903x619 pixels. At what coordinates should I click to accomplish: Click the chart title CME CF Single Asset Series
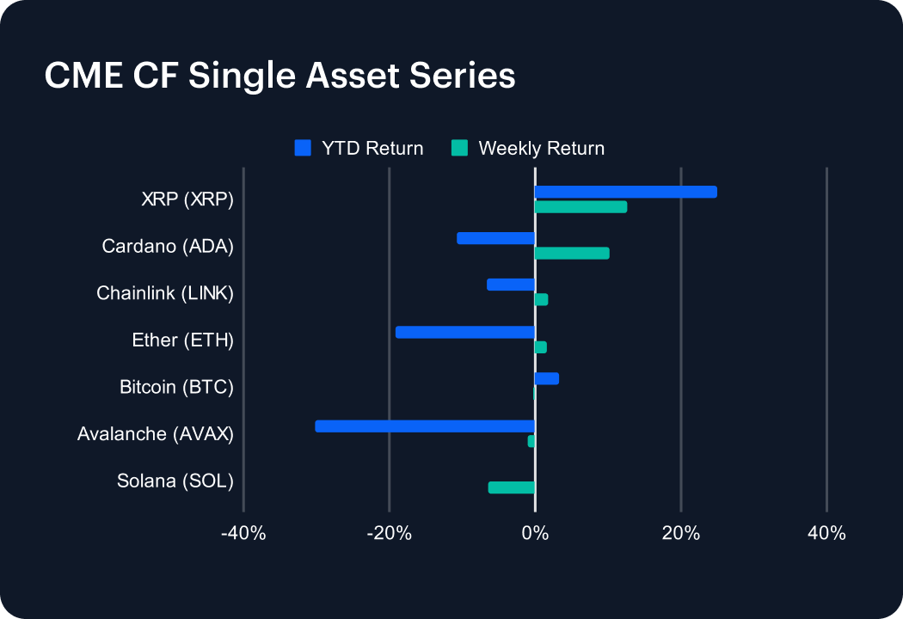[x=279, y=76]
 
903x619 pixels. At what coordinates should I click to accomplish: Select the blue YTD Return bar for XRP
[x=625, y=192]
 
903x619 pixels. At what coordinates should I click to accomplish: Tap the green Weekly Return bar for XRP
[x=580, y=206]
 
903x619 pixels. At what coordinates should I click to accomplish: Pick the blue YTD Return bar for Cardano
[x=496, y=238]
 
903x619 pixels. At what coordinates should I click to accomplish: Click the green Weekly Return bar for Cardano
[x=572, y=253]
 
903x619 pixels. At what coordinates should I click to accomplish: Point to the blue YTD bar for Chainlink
[x=511, y=285]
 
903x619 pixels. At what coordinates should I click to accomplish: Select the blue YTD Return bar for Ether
[x=465, y=332]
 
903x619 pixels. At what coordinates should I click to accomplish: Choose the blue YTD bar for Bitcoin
[x=547, y=378]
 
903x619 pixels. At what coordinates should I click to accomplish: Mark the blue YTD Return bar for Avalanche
[x=425, y=426]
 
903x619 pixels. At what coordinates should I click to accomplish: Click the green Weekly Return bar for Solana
[x=512, y=487]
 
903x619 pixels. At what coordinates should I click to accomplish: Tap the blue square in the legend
[x=302, y=148]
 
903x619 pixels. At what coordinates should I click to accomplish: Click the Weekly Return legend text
[x=541, y=148]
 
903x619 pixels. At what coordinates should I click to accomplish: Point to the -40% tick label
[x=243, y=533]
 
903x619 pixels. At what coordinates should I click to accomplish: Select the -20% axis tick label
[x=389, y=533]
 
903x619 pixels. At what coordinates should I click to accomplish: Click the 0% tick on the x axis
[x=535, y=533]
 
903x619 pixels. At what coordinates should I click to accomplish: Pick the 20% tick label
[x=680, y=533]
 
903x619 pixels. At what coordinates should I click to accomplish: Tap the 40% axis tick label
[x=826, y=533]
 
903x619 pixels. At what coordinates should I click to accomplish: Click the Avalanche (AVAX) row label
[x=155, y=433]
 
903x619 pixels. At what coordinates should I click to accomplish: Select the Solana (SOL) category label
[x=175, y=481]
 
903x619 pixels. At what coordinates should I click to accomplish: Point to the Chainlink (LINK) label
[x=165, y=293]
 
